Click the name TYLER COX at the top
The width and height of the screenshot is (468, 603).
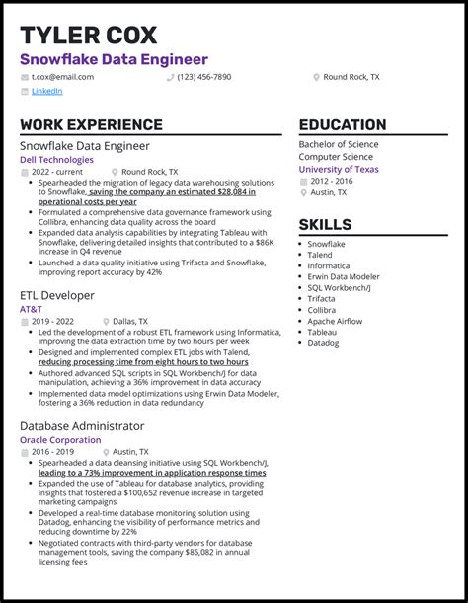pos(88,36)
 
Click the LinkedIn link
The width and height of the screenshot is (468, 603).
pos(46,91)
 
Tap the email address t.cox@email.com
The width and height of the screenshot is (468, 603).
pos(62,76)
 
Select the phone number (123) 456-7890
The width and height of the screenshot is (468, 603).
pos(204,76)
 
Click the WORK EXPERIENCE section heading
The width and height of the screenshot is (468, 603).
pos(91,125)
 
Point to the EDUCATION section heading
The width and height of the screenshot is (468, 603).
pos(343,125)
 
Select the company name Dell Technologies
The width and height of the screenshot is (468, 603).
pos(56,159)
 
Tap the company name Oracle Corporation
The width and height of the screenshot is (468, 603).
pos(60,440)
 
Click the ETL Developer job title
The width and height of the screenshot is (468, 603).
pos(57,295)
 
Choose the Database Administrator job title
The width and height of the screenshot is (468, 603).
pos(82,426)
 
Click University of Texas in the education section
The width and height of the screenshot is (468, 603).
pos(339,169)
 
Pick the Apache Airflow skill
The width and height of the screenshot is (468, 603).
pos(336,321)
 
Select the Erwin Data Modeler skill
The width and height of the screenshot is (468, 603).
pos(344,277)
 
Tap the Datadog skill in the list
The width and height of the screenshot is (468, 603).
pos(323,343)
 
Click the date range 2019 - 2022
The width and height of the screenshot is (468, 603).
pos(51,321)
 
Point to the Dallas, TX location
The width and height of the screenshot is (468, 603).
pos(129,321)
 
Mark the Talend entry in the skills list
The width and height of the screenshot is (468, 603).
pos(320,255)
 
